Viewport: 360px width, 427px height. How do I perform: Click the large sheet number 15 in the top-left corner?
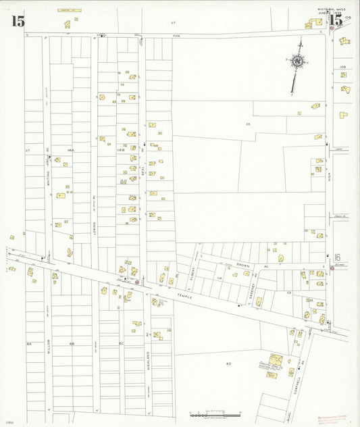tap(18, 21)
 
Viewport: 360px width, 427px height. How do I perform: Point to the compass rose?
tap(297, 63)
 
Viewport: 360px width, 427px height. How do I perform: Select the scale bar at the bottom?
tap(215, 412)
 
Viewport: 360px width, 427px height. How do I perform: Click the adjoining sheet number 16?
tap(336, 257)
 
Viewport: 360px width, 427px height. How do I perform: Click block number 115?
tap(248, 124)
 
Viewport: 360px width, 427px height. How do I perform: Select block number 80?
tap(228, 363)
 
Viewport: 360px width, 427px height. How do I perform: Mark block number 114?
tap(220, 278)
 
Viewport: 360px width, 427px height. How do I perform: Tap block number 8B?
tap(72, 344)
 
